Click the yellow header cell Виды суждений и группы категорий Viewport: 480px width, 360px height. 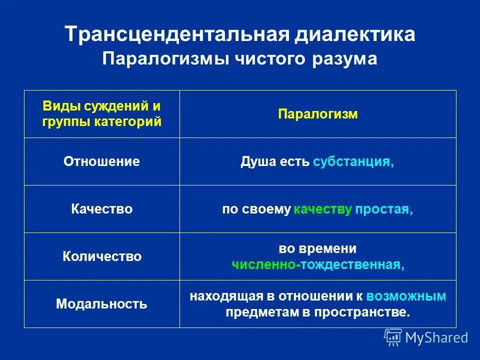(101, 113)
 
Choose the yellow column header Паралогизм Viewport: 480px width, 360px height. (318, 114)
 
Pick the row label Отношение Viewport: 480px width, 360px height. (101, 161)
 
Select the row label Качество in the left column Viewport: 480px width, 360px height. (101, 209)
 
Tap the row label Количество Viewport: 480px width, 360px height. (101, 256)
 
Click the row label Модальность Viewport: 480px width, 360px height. (101, 304)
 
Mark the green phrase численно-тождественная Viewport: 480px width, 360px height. (318, 265)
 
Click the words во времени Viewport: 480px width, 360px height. (318, 248)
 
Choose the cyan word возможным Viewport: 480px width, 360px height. (406, 296)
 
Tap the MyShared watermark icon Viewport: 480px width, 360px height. (393, 337)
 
